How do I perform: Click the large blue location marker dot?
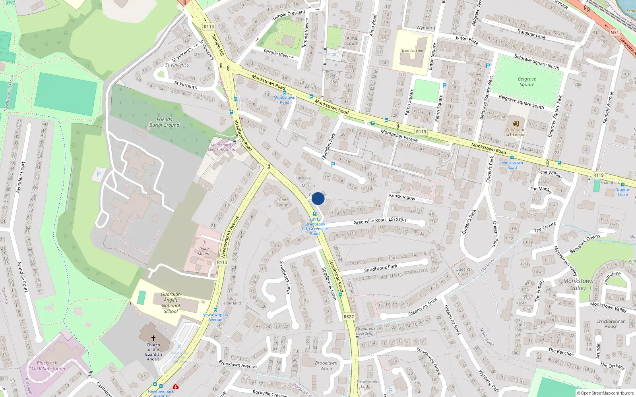318,198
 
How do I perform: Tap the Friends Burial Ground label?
164,122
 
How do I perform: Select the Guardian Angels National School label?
171,303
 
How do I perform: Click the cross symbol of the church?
153,338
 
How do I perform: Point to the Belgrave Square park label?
527,82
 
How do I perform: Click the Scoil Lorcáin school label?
412,50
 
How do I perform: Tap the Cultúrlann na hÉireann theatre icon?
516,124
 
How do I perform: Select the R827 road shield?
348,316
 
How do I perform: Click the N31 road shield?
615,33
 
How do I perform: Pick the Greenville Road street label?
369,221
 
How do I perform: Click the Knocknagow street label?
402,197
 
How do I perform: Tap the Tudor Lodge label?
282,202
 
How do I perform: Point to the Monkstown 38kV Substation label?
221,147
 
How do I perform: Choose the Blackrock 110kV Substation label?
47,366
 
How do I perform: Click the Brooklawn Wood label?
326,366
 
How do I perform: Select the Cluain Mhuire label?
204,251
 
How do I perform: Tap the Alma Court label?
352,41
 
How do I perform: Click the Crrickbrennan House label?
611,324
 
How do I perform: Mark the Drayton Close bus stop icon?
622,185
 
